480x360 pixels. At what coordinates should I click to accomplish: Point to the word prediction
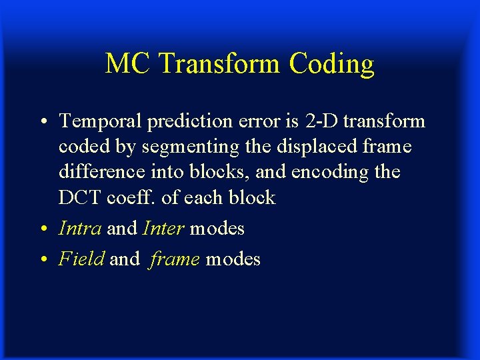point(179,121)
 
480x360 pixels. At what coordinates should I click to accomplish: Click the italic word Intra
point(80,229)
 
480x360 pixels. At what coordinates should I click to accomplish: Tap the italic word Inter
point(163,229)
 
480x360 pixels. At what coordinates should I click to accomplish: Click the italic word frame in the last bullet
point(175,259)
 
